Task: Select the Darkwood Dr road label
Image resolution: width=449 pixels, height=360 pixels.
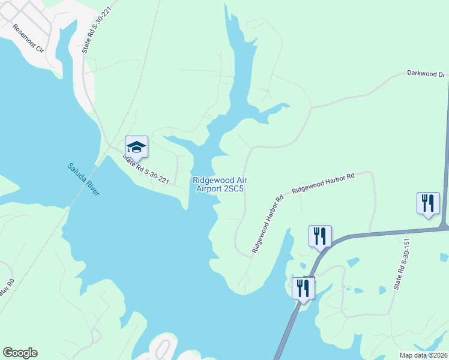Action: tap(426, 74)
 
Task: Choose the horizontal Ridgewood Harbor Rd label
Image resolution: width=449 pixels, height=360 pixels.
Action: tap(323, 183)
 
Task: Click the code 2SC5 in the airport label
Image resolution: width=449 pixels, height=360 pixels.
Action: tap(234, 188)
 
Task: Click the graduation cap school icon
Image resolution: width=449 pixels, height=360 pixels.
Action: tap(136, 146)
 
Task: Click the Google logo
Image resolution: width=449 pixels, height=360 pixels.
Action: tap(20, 353)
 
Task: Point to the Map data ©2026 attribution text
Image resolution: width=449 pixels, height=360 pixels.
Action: tap(423, 355)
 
